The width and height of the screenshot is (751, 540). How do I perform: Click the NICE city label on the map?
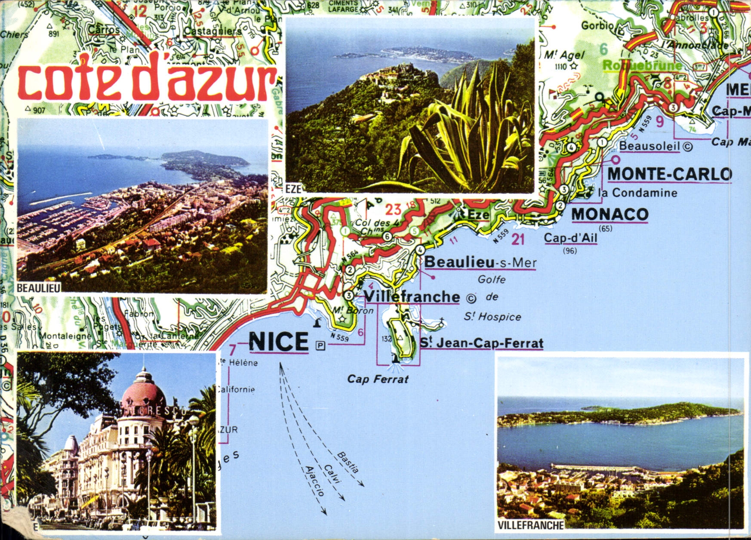tap(278, 342)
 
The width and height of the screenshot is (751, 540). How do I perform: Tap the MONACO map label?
tap(609, 214)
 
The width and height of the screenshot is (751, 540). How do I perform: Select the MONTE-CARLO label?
tap(669, 174)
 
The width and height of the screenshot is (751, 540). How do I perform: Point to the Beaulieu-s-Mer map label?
tap(480, 262)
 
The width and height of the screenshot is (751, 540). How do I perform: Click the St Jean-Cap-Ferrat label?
tap(481, 343)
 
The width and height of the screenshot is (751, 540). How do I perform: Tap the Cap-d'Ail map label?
tap(570, 238)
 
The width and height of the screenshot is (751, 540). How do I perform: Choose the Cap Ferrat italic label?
tap(378, 379)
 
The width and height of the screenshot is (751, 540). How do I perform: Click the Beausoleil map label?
tap(649, 146)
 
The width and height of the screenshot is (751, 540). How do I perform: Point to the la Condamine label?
tap(638, 193)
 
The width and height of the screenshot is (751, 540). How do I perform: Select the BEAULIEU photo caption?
tap(38, 288)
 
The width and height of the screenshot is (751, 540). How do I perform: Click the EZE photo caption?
tap(294, 188)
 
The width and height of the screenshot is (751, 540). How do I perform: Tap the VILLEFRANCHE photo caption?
tap(530, 525)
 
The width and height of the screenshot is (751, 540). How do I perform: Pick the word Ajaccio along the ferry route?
tap(314, 481)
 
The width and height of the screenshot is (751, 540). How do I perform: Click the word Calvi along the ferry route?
tap(332, 475)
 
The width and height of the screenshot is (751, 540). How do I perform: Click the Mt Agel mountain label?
tap(564, 55)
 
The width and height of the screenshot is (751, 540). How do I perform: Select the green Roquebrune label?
tap(642, 65)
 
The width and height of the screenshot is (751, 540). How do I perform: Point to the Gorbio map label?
tap(597, 25)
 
